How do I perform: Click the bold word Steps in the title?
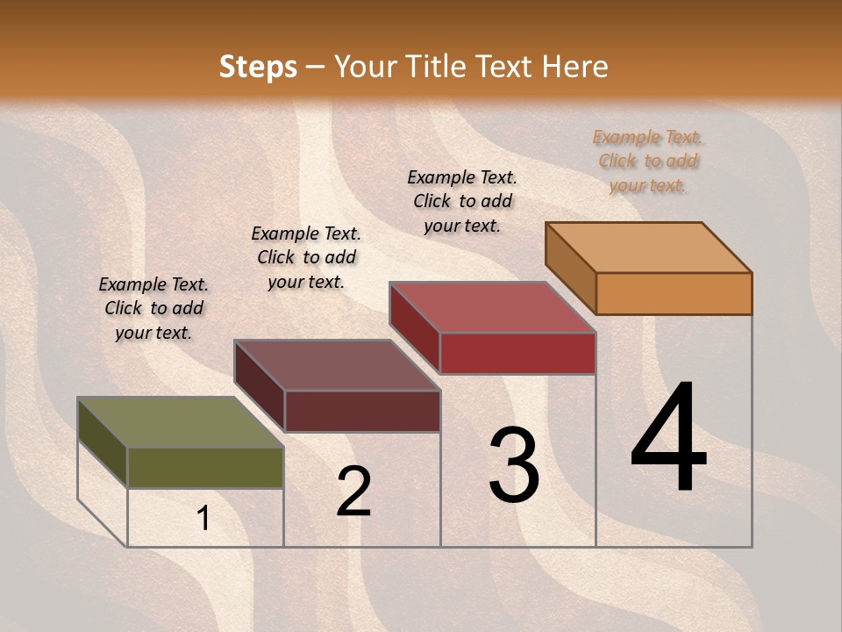coord(258,67)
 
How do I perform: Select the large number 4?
coord(668,439)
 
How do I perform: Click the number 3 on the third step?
coord(514,464)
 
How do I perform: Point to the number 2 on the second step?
coord(354,491)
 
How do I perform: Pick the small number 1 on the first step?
coord(203,519)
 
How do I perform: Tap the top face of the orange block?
coord(649,247)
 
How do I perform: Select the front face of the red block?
coord(517,353)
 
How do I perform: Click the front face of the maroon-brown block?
coord(362,411)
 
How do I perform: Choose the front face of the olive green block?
coord(205,468)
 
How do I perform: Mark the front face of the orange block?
coord(674,293)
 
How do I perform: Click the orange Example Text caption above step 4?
coord(647,161)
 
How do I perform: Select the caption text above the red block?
coord(462,201)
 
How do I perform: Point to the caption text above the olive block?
coord(153,308)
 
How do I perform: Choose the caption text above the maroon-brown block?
coord(306,257)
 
